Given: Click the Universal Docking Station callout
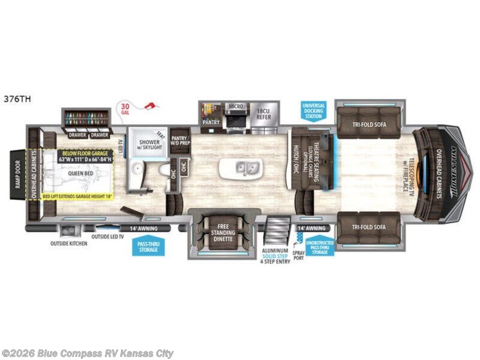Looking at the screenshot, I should (313, 110).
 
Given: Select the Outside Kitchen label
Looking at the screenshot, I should (69, 244).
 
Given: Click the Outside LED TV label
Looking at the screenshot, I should (108, 237).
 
